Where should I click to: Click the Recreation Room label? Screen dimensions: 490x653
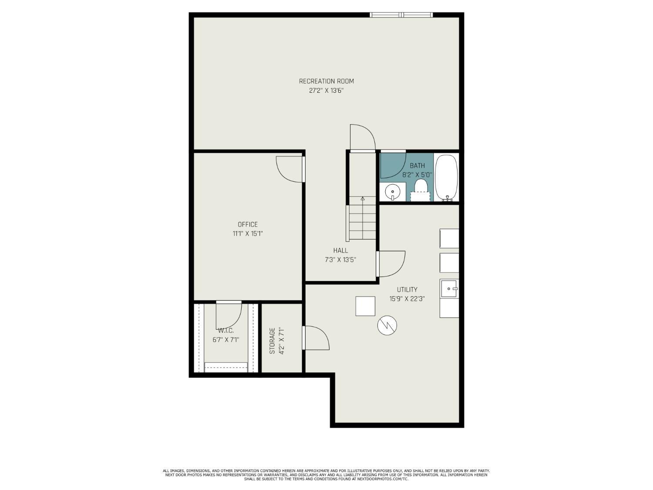tap(326, 81)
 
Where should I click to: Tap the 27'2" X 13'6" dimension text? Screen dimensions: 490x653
tap(326, 91)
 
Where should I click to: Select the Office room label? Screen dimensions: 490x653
tap(247, 224)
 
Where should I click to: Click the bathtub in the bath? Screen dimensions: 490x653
tap(446, 177)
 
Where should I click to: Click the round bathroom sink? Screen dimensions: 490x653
tap(393, 191)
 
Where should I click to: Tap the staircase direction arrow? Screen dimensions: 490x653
tap(363, 199)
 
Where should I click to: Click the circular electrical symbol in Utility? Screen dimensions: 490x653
tap(387, 325)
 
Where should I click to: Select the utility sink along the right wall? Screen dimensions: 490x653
tap(449, 288)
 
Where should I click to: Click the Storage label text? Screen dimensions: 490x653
tap(272, 340)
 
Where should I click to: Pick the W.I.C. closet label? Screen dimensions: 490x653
tap(226, 331)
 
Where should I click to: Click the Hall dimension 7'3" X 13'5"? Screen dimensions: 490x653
tap(340, 260)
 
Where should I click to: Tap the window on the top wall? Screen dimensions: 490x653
tap(401, 15)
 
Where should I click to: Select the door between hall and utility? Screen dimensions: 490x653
tap(391, 264)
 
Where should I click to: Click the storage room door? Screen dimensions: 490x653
tap(316, 338)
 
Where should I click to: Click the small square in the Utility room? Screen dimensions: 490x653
tap(365, 306)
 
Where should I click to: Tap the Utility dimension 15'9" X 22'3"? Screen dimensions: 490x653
tap(407, 299)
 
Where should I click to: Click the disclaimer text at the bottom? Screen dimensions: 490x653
tap(326, 475)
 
